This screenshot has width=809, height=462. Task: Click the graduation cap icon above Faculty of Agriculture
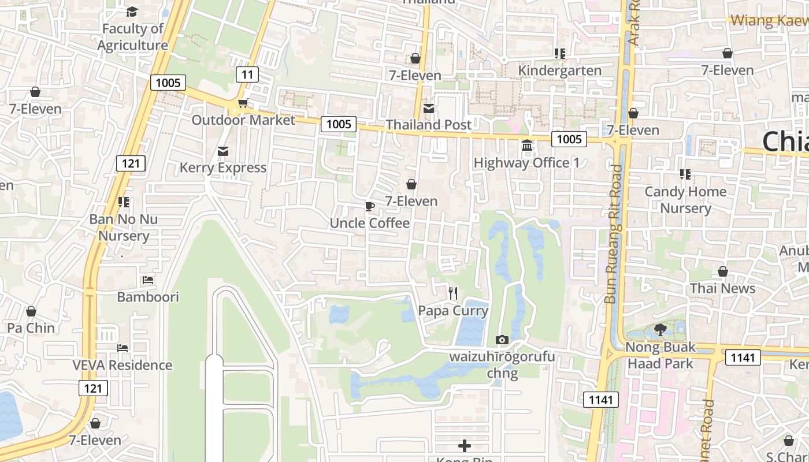coord(132,12)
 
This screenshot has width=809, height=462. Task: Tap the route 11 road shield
coord(247,74)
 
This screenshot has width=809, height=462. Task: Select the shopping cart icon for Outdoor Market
coord(243,103)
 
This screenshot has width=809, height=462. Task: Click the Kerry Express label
coord(222,167)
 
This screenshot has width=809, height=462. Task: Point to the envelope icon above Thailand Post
coord(429,108)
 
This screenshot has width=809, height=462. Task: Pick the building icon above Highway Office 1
coord(527,146)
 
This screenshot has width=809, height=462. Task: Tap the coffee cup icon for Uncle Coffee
coord(370,206)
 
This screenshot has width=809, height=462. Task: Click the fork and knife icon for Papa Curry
coord(453,293)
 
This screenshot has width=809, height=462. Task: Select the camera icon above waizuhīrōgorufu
coord(502,340)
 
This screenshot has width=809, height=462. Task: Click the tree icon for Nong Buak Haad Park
coord(660,330)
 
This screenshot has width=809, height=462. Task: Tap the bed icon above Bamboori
coord(148,280)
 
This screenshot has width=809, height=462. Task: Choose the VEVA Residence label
coord(122,365)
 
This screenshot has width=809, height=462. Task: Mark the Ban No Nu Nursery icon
coord(123,202)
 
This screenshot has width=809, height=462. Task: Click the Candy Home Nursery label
coord(685,200)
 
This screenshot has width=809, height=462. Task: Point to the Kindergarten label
coord(559,70)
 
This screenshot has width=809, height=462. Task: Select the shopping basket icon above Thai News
coord(722,271)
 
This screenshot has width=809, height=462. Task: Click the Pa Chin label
coord(31,327)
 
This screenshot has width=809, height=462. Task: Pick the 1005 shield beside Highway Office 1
coord(569,139)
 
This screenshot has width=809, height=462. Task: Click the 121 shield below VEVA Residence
coord(93,388)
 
